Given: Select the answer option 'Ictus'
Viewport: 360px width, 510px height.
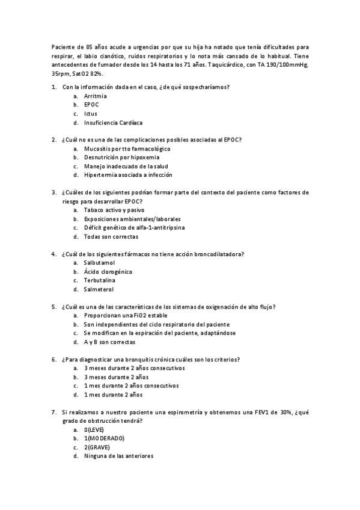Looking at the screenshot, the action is [91, 114].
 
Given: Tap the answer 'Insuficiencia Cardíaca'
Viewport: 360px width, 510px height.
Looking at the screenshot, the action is [113, 123].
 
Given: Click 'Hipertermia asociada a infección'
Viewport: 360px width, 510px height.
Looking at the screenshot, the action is [128, 175].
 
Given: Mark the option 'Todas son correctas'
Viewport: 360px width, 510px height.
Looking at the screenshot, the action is [111, 237].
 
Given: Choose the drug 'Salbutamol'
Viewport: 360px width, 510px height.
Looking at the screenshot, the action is [100, 263].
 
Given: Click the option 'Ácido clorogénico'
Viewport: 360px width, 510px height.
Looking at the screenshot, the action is [108, 272].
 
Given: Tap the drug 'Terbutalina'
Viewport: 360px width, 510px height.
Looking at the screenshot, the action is [100, 280].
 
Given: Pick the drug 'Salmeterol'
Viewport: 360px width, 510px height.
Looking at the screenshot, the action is [99, 289].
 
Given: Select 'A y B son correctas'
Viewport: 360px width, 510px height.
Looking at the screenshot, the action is [110, 342].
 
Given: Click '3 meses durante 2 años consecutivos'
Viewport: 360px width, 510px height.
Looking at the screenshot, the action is [135, 368].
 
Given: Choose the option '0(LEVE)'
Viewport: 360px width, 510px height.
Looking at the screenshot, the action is [95, 430].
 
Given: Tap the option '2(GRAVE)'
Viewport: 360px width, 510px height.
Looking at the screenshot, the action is [97, 447].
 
